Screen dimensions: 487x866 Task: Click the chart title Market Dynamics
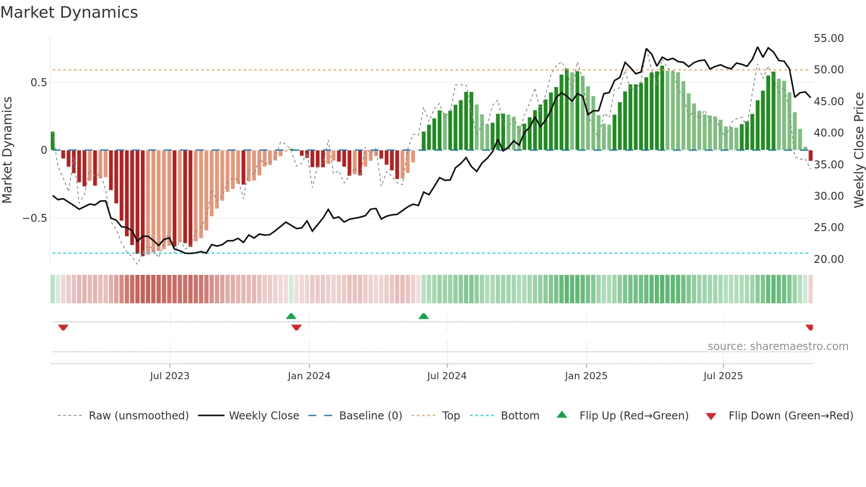(69, 12)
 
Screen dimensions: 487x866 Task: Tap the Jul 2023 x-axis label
(170, 376)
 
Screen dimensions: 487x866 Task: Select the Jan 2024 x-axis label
(309, 376)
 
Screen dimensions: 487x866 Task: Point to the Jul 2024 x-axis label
(447, 376)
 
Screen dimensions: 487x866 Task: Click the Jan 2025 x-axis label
(586, 376)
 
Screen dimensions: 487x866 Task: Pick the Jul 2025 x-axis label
(723, 376)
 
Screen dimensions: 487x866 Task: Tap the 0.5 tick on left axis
(38, 83)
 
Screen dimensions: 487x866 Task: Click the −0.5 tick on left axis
(35, 218)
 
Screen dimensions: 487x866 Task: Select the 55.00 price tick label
(829, 38)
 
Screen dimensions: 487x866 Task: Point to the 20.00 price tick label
(829, 259)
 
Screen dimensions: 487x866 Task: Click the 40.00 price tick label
(829, 133)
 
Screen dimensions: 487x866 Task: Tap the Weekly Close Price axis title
(858, 150)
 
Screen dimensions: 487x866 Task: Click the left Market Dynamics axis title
(7, 150)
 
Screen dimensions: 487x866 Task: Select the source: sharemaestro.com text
(778, 346)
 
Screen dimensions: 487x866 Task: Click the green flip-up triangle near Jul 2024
(423, 316)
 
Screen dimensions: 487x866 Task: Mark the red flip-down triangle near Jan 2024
(296, 327)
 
